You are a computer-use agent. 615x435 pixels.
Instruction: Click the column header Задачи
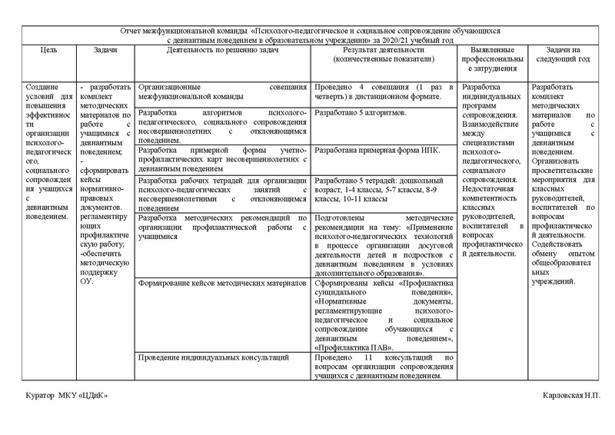click(105, 49)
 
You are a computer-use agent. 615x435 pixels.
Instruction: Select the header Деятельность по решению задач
click(223, 49)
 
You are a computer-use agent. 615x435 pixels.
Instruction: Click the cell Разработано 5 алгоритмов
click(361, 113)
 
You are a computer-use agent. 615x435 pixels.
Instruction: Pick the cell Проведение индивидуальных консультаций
click(213, 357)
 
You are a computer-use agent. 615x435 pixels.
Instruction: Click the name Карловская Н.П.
click(570, 395)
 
